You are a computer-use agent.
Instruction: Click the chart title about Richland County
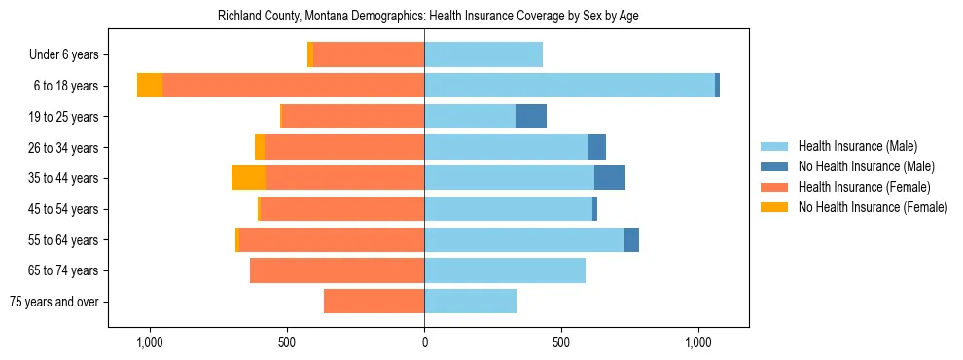(428, 17)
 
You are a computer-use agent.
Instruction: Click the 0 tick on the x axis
(424, 342)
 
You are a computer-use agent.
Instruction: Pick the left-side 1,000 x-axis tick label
(150, 342)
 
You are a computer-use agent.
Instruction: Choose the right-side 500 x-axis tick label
(561, 342)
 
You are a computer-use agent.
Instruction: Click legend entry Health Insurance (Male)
(857, 146)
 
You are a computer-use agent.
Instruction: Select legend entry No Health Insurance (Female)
(873, 207)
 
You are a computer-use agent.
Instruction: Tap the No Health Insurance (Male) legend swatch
(775, 166)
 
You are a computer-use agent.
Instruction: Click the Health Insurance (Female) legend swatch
(775, 187)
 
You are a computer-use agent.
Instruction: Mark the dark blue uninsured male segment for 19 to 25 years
(531, 117)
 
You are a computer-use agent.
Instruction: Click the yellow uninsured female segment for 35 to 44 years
(248, 178)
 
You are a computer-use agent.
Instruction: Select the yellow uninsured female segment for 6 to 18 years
(150, 86)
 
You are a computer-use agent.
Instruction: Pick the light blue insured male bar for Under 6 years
(483, 55)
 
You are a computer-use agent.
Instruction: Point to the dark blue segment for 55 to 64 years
(631, 239)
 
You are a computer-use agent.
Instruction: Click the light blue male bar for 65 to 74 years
(505, 270)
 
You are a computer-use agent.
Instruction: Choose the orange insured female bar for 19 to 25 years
(353, 117)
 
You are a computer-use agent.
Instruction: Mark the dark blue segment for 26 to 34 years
(596, 147)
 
